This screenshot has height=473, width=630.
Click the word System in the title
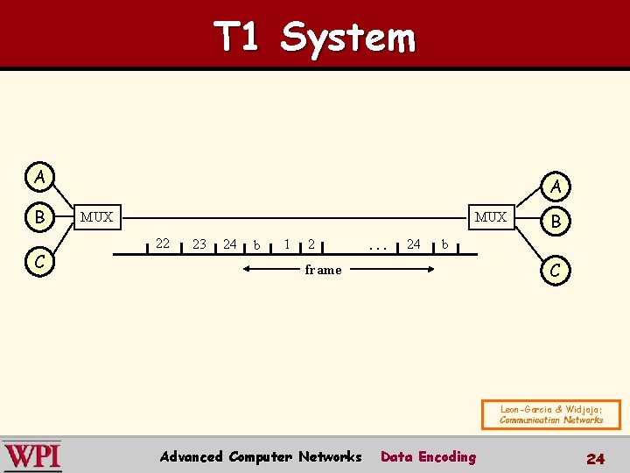click(x=348, y=38)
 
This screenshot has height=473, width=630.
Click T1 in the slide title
click(x=236, y=38)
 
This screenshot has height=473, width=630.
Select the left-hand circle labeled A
click(x=39, y=177)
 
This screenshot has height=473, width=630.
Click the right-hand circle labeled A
click(x=556, y=186)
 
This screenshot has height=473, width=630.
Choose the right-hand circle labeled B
click(x=556, y=222)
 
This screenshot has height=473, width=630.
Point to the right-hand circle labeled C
click(x=556, y=270)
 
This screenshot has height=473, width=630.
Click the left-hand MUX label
click(x=96, y=217)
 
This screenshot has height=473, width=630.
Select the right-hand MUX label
click(x=491, y=217)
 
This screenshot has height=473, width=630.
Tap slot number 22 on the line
click(x=162, y=244)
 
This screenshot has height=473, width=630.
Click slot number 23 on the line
click(x=199, y=244)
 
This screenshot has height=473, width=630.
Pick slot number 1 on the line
click(x=287, y=244)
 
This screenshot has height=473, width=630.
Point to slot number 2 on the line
click(x=311, y=244)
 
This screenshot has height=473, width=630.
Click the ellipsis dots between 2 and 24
click(x=378, y=247)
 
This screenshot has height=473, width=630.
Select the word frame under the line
click(x=323, y=270)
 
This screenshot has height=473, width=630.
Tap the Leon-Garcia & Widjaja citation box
click(x=550, y=414)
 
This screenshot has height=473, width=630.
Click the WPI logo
click(x=32, y=456)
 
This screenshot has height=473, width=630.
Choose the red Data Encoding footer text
click(x=429, y=456)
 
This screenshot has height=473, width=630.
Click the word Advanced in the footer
click(x=191, y=456)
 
